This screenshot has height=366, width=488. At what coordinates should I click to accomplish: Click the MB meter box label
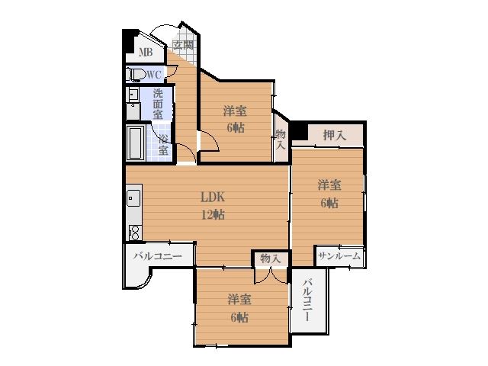pyautogui.click(x=146, y=52)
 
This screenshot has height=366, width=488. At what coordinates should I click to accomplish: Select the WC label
pyautogui.click(x=154, y=75)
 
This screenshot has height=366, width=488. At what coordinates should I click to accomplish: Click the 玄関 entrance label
pyautogui.click(x=183, y=46)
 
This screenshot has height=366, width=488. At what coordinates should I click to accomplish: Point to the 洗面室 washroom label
pyautogui.click(x=158, y=104)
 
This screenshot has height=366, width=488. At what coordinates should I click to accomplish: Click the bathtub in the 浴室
pyautogui.click(x=136, y=143)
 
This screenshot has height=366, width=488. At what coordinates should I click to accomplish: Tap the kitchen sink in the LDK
pyautogui.click(x=134, y=198)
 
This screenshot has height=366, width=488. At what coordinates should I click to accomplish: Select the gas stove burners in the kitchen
pyautogui.click(x=135, y=233)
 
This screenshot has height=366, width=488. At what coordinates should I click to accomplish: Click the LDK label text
pyautogui.click(x=213, y=197)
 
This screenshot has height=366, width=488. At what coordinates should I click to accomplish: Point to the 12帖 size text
pyautogui.click(x=213, y=214)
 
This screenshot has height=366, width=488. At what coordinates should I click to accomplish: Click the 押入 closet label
pyautogui.click(x=335, y=136)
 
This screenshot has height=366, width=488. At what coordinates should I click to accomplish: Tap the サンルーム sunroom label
pyautogui.click(x=339, y=256)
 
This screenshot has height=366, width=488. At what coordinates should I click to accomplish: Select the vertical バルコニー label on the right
pyautogui.click(x=308, y=300)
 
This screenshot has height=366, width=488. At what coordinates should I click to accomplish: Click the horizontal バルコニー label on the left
pyautogui.click(x=158, y=256)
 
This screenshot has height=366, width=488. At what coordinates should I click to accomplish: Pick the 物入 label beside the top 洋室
pyautogui.click(x=281, y=140)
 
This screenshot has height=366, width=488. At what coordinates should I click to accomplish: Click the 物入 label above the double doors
pyautogui.click(x=271, y=258)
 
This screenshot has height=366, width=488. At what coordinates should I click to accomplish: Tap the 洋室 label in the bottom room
pyautogui.click(x=239, y=300)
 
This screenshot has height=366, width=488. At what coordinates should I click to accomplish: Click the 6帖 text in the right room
pyautogui.click(x=329, y=203)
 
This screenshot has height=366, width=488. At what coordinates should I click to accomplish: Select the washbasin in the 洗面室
pyautogui.click(x=133, y=94)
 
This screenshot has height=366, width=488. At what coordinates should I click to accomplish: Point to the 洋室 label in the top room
pyautogui.click(x=236, y=111)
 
